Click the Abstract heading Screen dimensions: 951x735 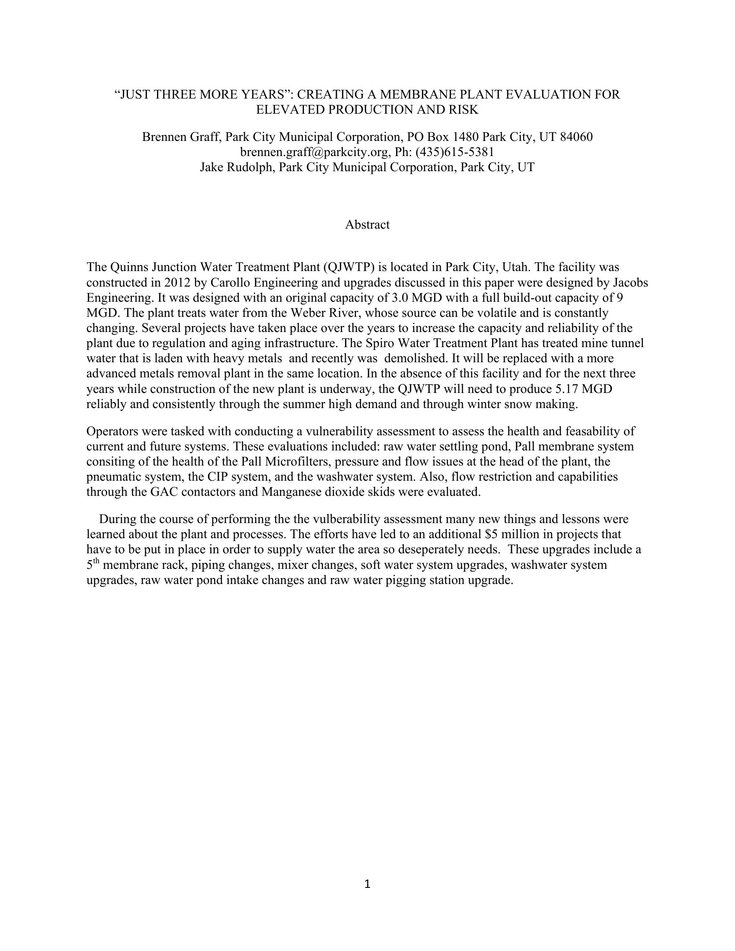pyautogui.click(x=367, y=225)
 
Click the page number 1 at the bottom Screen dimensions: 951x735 pyautogui.click(x=367, y=884)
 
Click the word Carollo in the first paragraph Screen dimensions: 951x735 pyautogui.click(x=230, y=283)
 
